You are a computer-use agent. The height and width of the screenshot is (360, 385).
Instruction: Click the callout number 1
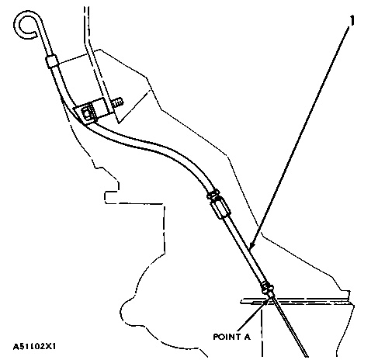(352, 20)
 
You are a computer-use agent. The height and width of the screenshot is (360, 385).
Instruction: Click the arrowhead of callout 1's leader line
(251, 246)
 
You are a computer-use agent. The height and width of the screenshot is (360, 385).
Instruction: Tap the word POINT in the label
(225, 337)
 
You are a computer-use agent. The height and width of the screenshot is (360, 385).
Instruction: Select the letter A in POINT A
(246, 337)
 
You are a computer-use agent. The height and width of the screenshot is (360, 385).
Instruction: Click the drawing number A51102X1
(34, 346)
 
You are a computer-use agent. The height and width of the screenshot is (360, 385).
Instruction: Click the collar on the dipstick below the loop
(51, 61)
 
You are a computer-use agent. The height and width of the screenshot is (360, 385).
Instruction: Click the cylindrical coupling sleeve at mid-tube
(220, 209)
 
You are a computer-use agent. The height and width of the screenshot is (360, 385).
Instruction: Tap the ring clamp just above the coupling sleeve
(213, 194)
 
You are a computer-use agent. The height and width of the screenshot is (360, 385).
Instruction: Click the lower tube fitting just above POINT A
(268, 289)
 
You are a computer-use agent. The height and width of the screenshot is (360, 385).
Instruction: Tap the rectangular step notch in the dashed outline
(111, 197)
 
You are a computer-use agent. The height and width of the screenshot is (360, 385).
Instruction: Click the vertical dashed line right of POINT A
(262, 332)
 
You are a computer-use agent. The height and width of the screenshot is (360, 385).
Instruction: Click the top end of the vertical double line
(86, 7)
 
